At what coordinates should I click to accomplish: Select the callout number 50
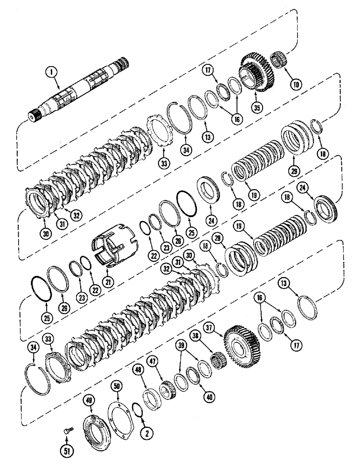pos(117,386)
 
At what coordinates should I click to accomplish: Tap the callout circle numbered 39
pos(181,345)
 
